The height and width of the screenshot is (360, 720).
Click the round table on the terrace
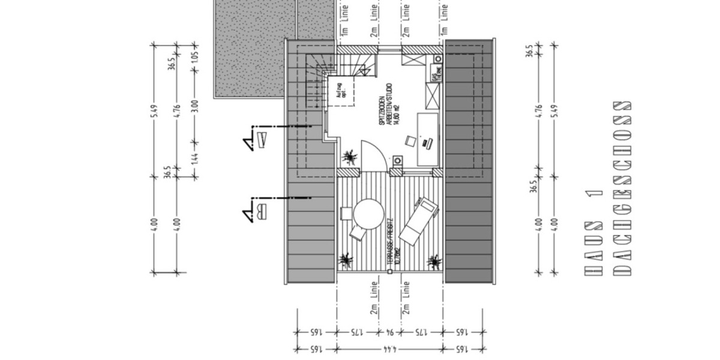pos(368,214)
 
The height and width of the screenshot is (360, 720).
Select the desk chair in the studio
pos(410,140)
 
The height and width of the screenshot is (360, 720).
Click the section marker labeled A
pos(258,141)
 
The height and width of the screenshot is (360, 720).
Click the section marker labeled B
pos(258,211)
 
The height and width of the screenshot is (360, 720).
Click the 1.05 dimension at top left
pos(194,57)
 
